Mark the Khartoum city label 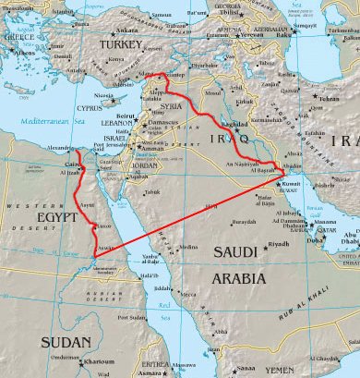tap(102, 336)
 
